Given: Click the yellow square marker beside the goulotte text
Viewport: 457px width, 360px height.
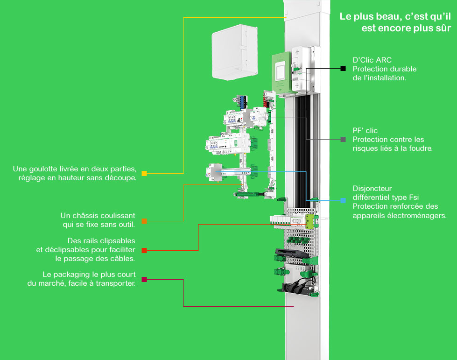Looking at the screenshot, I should (144, 174).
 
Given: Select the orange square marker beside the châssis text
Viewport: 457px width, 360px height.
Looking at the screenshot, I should (144, 221).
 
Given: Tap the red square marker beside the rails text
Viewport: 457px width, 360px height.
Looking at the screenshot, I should (144, 251).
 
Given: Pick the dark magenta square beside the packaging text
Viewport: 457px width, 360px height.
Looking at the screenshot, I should (144, 280).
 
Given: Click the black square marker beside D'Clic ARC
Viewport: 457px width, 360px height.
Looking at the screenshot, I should (343, 69).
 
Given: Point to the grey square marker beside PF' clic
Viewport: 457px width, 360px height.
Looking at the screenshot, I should (343, 139).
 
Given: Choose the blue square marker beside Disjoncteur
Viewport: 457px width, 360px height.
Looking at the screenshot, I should (343, 200).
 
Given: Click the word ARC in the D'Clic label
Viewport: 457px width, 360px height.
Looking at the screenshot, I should (384, 60).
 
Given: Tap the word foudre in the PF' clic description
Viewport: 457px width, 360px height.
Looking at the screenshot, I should (420, 148).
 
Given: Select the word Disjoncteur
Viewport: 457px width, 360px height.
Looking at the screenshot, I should (372, 189).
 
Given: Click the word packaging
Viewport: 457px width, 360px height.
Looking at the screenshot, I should (70, 275).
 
